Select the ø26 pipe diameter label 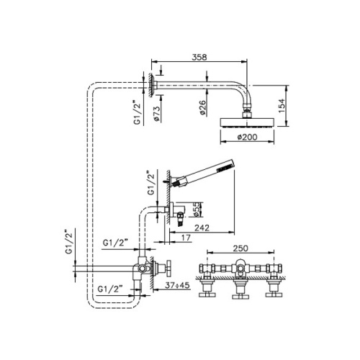[x=204, y=108]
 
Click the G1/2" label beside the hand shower [x=151, y=183]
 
